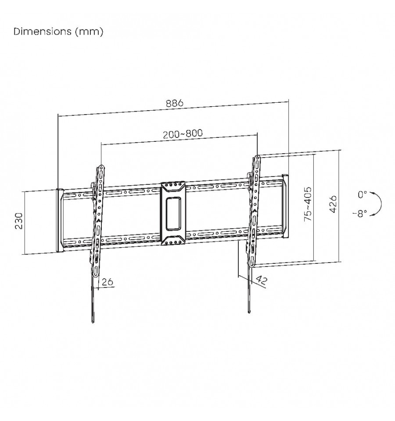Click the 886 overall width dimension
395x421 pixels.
174,103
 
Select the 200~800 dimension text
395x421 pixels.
183,133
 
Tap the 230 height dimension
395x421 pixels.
19,221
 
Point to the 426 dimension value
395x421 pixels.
333,204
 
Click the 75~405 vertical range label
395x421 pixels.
308,204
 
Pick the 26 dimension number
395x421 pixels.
108,281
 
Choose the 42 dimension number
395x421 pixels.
262,280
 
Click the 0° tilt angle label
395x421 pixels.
362,194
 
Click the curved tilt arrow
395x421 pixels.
381,204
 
